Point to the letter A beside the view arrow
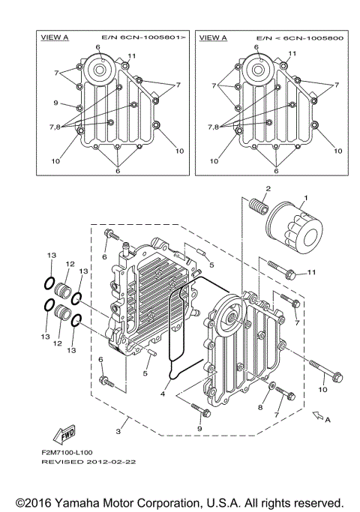point(328,421)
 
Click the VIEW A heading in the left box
point(54,37)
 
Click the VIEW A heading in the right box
point(214,37)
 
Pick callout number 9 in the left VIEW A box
point(55,103)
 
